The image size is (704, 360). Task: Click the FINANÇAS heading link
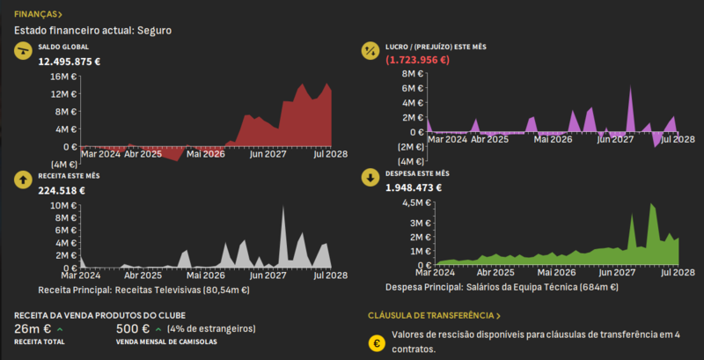click(x=38, y=15)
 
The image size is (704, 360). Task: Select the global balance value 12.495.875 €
click(x=70, y=62)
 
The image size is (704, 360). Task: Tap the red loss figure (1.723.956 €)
click(x=417, y=61)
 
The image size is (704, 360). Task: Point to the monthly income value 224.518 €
click(x=62, y=190)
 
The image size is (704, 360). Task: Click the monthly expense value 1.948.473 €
click(x=414, y=187)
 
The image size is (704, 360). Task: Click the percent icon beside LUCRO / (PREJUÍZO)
click(x=370, y=51)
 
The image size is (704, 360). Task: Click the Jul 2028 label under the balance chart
click(x=330, y=154)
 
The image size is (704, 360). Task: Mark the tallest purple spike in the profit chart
click(x=631, y=89)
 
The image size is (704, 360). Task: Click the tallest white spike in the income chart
click(x=283, y=208)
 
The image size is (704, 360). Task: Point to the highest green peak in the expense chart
click(x=651, y=205)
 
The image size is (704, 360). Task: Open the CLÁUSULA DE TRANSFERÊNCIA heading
click(x=434, y=315)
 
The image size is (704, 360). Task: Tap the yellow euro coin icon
click(x=378, y=342)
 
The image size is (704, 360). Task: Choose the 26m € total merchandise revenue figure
click(x=33, y=329)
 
